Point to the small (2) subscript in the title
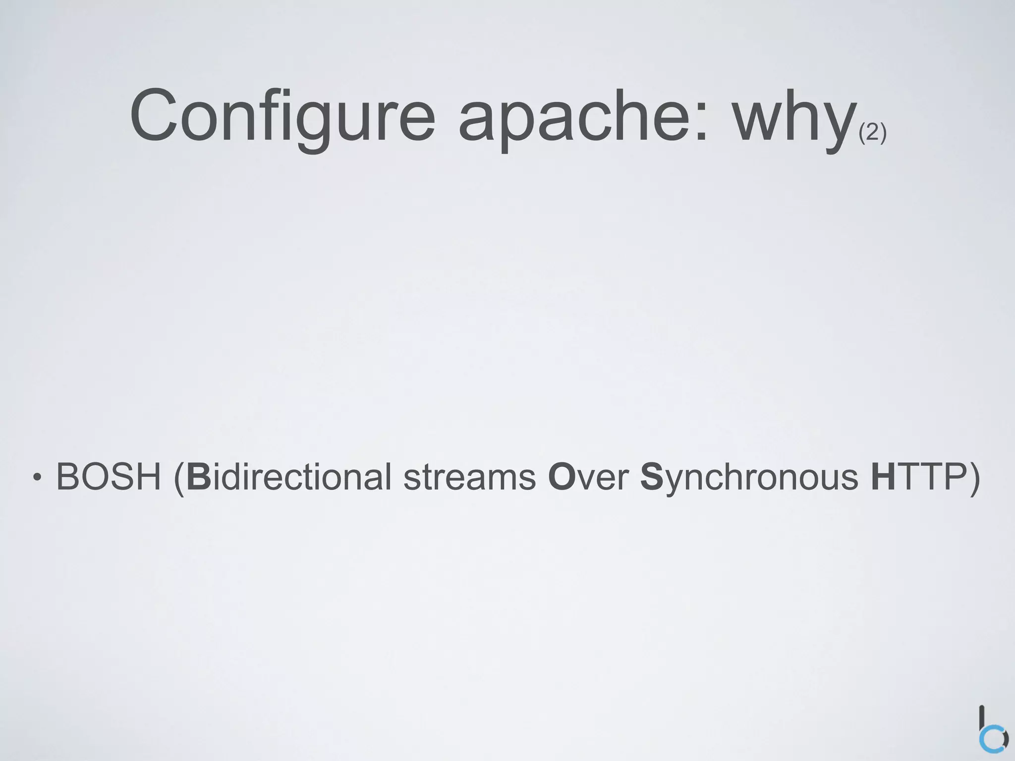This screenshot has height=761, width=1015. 872,133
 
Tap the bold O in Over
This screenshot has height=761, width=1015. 560,477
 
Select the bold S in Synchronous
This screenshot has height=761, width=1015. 651,477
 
